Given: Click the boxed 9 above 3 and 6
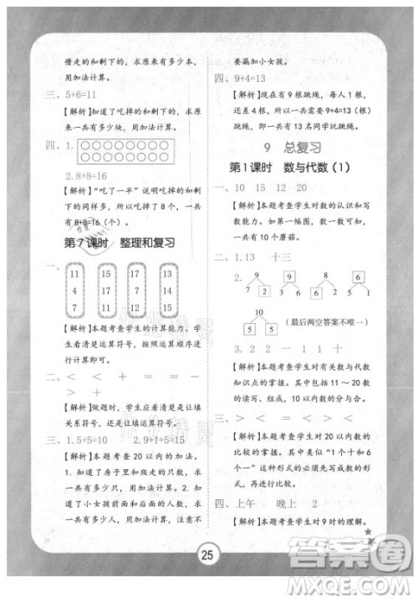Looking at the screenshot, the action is [x=288, y=277].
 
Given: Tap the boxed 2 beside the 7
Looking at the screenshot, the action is [x=263, y=293].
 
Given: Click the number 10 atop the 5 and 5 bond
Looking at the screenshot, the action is [x=259, y=313].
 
